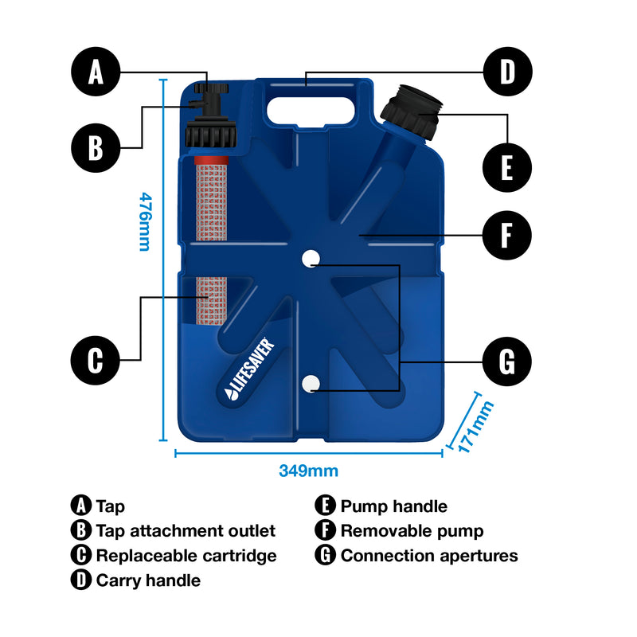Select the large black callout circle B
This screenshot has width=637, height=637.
96,147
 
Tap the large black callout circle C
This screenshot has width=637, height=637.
96,361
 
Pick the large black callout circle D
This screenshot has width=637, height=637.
507,72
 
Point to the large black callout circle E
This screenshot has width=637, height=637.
507,168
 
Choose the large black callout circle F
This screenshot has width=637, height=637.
507,236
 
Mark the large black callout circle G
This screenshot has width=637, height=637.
507,361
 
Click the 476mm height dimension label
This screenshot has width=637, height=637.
144,221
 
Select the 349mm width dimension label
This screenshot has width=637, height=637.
308,471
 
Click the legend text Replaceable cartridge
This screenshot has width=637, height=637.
186,556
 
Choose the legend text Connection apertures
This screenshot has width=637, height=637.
429,556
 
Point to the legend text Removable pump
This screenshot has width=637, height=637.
412,531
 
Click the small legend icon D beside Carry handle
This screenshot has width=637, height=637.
80,580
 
